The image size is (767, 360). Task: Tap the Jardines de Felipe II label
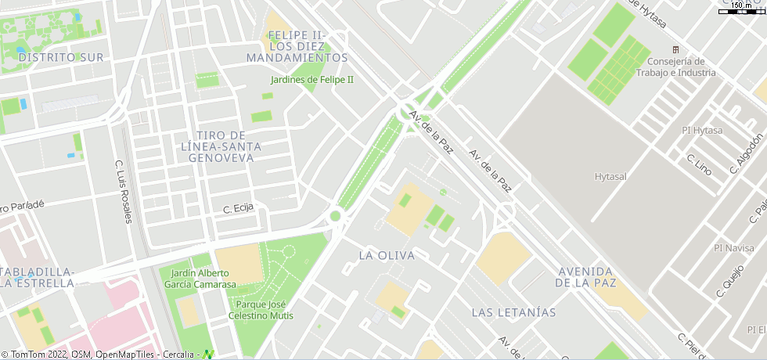(x=312, y=80)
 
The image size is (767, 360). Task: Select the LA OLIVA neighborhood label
(x=387, y=255)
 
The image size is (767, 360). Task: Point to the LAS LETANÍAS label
(x=513, y=312)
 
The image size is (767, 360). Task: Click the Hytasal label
(x=610, y=177)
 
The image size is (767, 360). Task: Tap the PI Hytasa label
(x=702, y=130)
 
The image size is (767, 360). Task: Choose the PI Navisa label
(x=734, y=248)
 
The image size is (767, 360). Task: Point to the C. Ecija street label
(x=239, y=209)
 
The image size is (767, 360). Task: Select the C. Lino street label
(x=699, y=164)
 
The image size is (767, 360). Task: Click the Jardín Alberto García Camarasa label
(x=199, y=278)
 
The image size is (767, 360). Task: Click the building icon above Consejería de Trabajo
(x=677, y=49)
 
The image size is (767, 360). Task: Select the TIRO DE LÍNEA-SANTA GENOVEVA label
(x=222, y=146)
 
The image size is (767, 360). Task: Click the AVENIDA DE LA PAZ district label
(x=585, y=277)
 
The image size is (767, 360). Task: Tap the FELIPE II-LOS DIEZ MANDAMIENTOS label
(x=297, y=46)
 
